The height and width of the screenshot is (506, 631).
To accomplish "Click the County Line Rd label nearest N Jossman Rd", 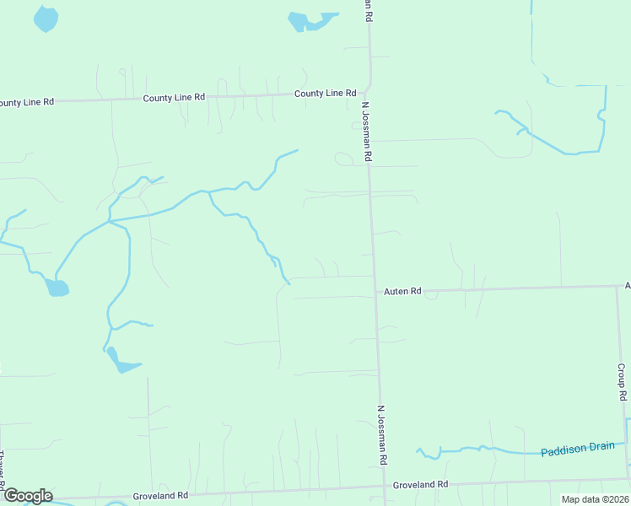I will tap(325, 94).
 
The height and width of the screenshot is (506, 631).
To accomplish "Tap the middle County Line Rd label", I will tap(174, 98).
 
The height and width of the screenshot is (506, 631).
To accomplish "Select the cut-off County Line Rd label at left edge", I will tap(25, 102).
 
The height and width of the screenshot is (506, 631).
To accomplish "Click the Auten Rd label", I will tap(402, 291).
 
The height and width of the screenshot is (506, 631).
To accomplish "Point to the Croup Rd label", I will tap(621, 382).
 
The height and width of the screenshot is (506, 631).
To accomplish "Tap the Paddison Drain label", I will tap(578, 449).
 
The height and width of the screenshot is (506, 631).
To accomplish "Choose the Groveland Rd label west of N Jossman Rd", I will tap(159, 497).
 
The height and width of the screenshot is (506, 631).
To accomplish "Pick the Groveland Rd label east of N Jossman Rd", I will tap(420, 485).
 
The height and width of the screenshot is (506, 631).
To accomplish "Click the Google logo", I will tap(27, 496).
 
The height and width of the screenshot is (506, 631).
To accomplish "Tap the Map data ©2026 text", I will tap(595, 499).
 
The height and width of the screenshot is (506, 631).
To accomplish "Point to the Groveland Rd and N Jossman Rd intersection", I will tap(385, 487).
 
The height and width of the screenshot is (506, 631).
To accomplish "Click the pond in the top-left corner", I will tap(46, 18).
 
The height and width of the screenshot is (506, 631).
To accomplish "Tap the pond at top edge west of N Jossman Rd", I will tap(305, 20).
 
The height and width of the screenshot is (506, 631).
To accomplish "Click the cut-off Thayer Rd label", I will tap(3, 468).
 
